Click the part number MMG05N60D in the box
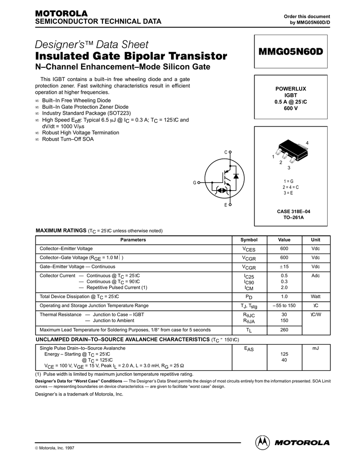click(x=290, y=51)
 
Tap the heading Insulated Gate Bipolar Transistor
click(x=131, y=56)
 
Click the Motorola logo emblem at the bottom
click(x=263, y=442)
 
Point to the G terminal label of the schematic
click(x=194, y=182)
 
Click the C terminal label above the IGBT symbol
click(x=225, y=152)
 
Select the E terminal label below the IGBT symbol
click(x=225, y=206)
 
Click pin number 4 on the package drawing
click(x=307, y=143)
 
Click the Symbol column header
click(x=248, y=240)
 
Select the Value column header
click(x=284, y=240)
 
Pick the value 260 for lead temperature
click(x=284, y=330)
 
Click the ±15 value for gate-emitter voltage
click(x=284, y=267)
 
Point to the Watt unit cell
click(x=315, y=296)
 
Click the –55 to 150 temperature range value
click(x=284, y=305)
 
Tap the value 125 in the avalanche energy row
click(x=284, y=354)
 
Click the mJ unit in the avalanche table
click(x=315, y=348)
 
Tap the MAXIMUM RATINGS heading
click(x=61, y=230)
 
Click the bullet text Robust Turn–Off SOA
click(x=68, y=139)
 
